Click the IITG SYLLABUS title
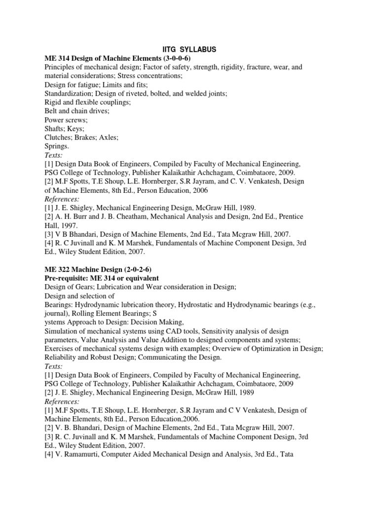click(189, 49)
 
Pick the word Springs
click(57, 146)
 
